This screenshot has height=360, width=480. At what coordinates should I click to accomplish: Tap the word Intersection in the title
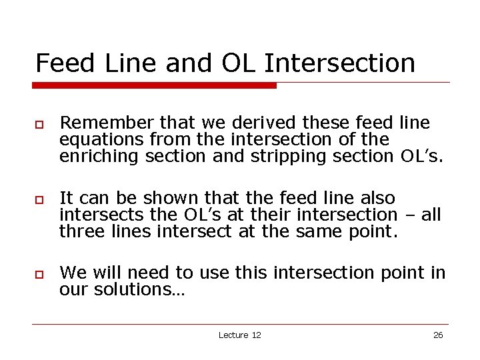340,63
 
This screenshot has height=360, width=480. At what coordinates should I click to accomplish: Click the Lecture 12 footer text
239,335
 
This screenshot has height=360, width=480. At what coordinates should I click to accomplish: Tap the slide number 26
438,335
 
